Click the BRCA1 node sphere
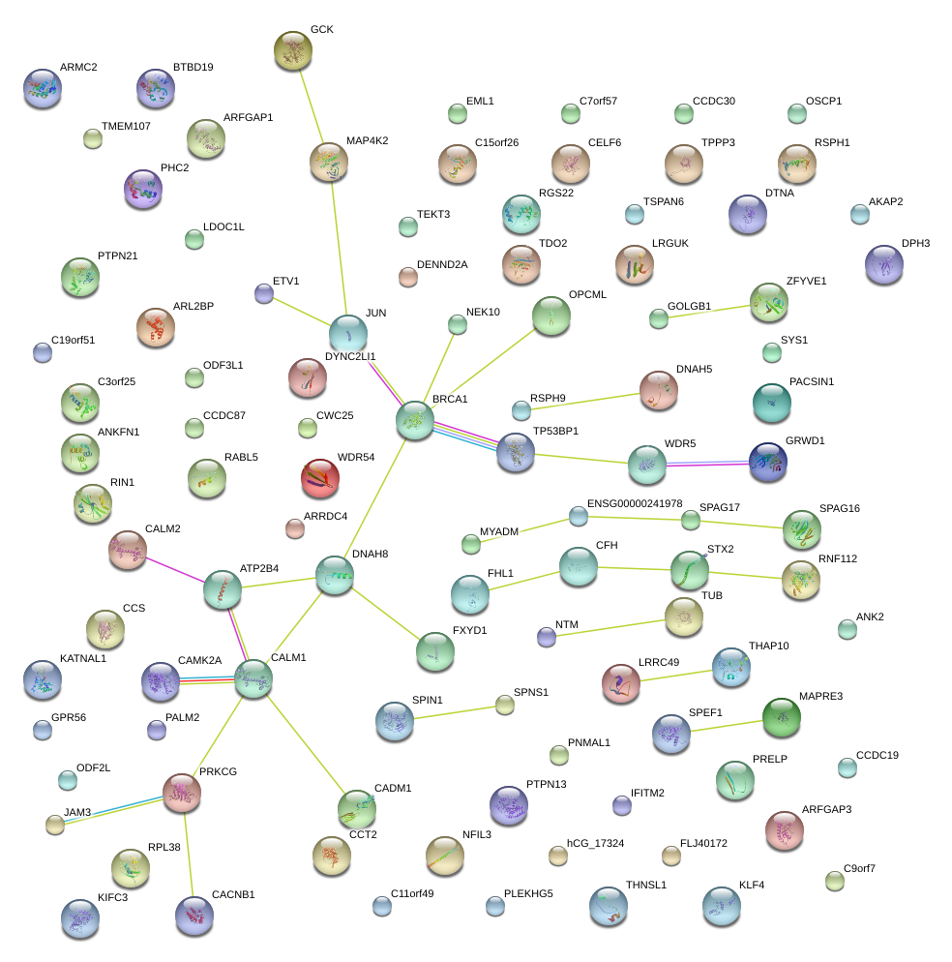click(415, 420)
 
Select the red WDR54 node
click(320, 478)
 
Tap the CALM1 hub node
click(253, 679)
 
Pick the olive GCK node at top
click(293, 50)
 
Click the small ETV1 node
click(264, 294)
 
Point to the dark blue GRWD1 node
click(768, 462)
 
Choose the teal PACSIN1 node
click(772, 403)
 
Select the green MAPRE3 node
click(782, 717)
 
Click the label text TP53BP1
click(555, 431)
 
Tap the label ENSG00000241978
click(635, 503)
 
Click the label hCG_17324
click(595, 843)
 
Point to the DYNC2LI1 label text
click(350, 356)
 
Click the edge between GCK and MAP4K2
click(311, 106)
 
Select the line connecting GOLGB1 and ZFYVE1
click(709, 312)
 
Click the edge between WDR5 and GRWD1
click(707, 464)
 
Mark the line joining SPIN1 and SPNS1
click(454, 712)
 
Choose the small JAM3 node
click(55, 826)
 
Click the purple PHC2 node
click(143, 189)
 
